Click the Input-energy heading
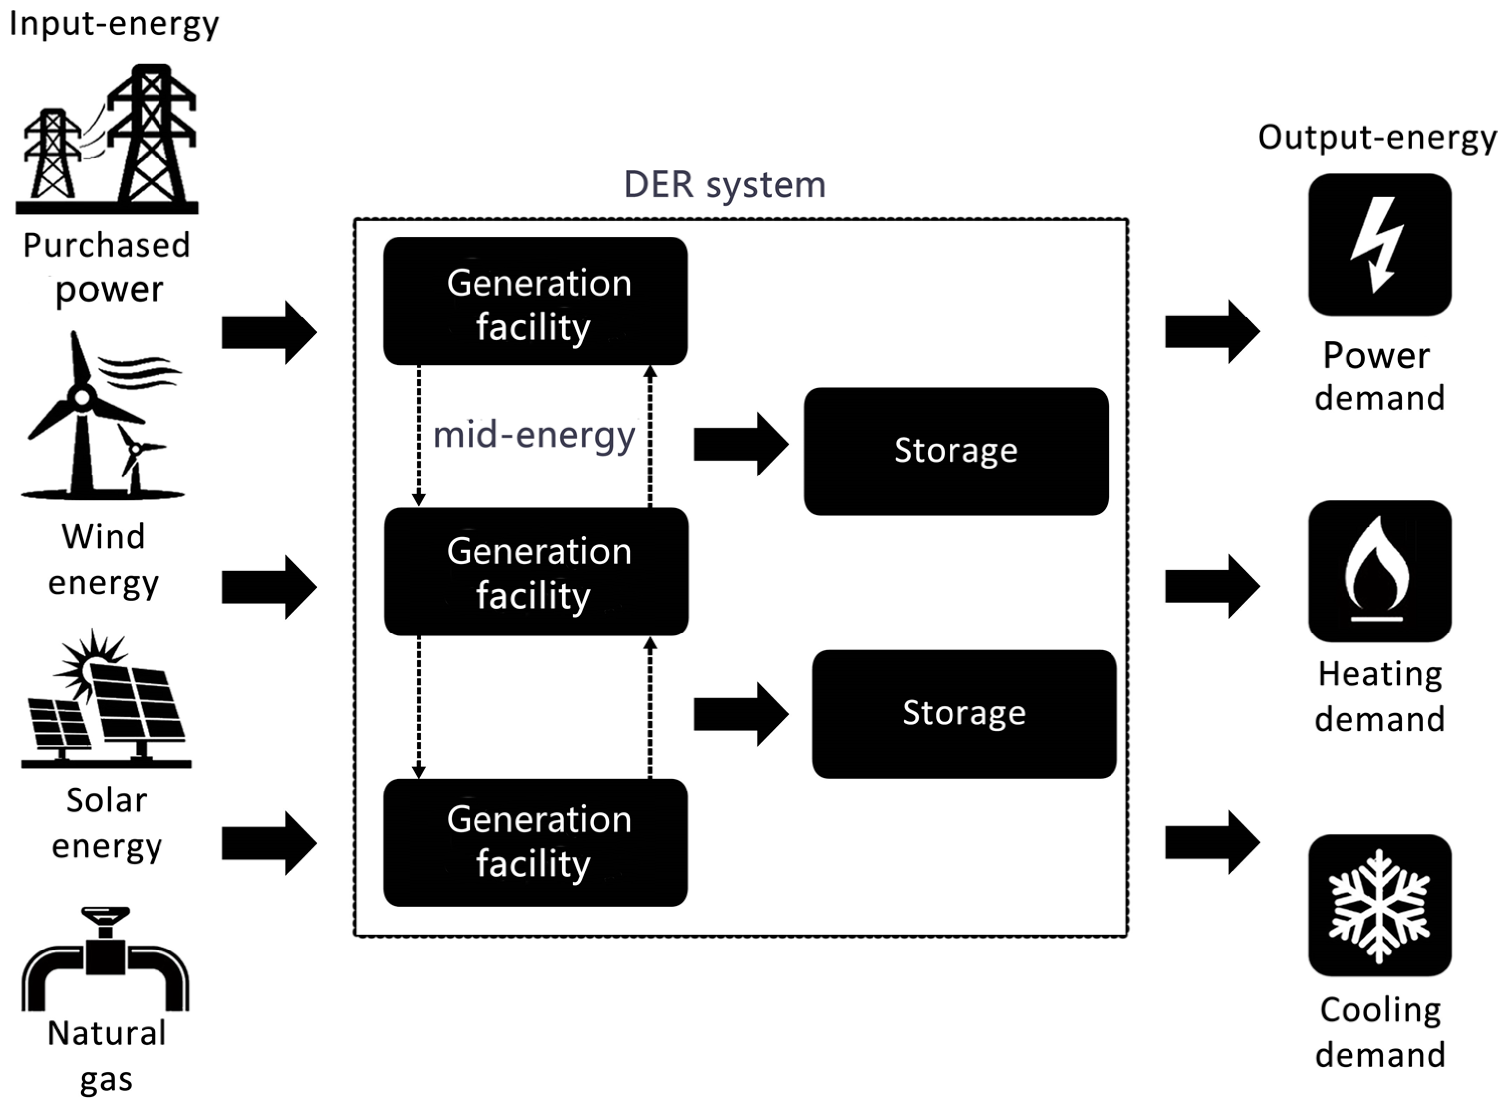pyautogui.click(x=114, y=24)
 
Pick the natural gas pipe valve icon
pyautogui.click(x=106, y=959)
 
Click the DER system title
pyautogui.click(x=724, y=184)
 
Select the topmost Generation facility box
pyautogui.click(x=535, y=301)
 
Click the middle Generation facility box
pyautogui.click(x=536, y=572)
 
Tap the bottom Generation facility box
pyautogui.click(x=535, y=842)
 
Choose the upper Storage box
pyautogui.click(x=955, y=451)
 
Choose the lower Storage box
pyautogui.click(x=963, y=713)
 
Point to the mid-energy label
pyautogui.click(x=534, y=435)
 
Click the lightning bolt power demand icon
pyautogui.click(x=1379, y=245)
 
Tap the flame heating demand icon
pyautogui.click(x=1379, y=571)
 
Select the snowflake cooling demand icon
pyautogui.click(x=1379, y=905)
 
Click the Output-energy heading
pyautogui.click(x=1377, y=138)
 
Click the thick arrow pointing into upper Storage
pyautogui.click(x=739, y=444)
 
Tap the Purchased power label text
pyautogui.click(x=107, y=267)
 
